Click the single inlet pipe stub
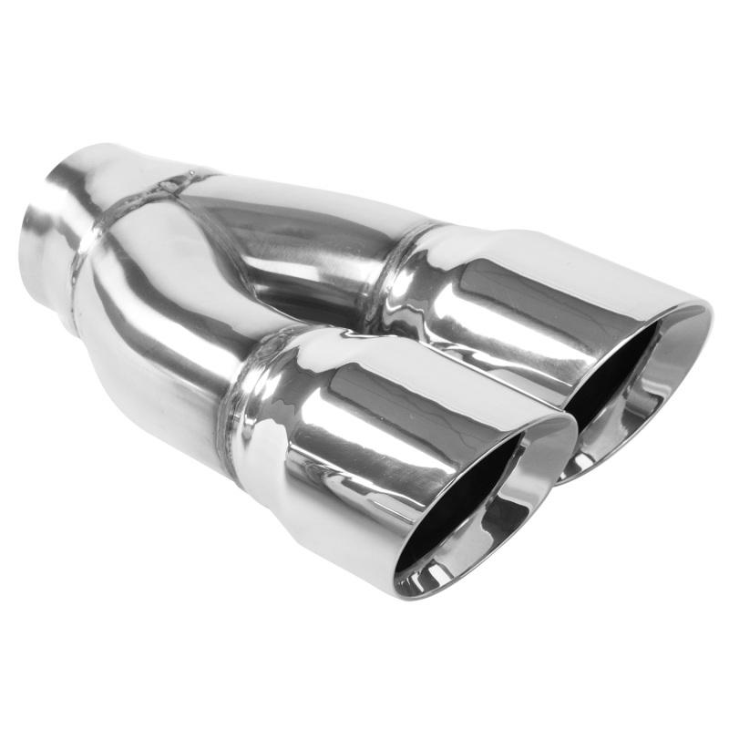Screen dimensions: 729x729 click(x=64, y=228)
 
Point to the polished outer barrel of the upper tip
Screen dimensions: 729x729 click(x=510, y=292)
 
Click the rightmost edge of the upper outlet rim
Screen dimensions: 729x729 click(x=709, y=314)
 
